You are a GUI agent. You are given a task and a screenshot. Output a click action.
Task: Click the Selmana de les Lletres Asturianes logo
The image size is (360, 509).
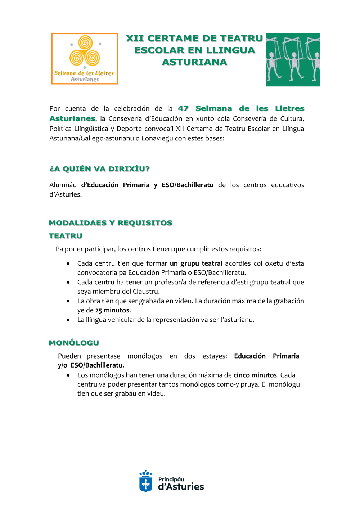[85, 59]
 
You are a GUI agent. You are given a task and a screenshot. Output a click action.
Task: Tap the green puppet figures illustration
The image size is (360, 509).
[293, 59]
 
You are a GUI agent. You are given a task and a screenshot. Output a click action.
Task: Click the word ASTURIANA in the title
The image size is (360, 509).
[194, 62]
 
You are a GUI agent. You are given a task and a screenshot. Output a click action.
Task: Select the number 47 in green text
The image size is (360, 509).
[183, 108]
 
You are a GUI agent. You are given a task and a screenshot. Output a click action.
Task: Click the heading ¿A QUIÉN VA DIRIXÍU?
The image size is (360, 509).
[99, 169]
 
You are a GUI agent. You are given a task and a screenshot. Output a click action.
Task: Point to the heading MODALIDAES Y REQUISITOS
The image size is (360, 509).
[111, 223]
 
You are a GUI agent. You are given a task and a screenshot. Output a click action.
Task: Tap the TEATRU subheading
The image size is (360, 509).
[66, 236]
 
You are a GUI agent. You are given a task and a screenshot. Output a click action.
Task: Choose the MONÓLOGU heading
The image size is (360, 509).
[74, 343]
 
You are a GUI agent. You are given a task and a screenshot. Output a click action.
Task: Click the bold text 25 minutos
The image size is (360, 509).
[112, 310]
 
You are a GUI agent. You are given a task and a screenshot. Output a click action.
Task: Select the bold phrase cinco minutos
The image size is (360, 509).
[255, 375]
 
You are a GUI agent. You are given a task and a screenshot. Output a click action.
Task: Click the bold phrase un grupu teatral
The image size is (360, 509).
[196, 263]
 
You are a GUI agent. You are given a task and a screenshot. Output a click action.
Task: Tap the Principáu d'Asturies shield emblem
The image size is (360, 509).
[146, 481]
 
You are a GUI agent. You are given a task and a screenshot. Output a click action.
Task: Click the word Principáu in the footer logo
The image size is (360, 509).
[171, 479]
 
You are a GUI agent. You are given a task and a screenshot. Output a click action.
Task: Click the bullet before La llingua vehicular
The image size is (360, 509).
[68, 320]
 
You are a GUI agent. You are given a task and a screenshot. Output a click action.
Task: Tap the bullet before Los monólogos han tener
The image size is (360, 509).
[68, 375]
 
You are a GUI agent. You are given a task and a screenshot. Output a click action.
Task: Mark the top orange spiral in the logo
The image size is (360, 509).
[85, 42]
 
